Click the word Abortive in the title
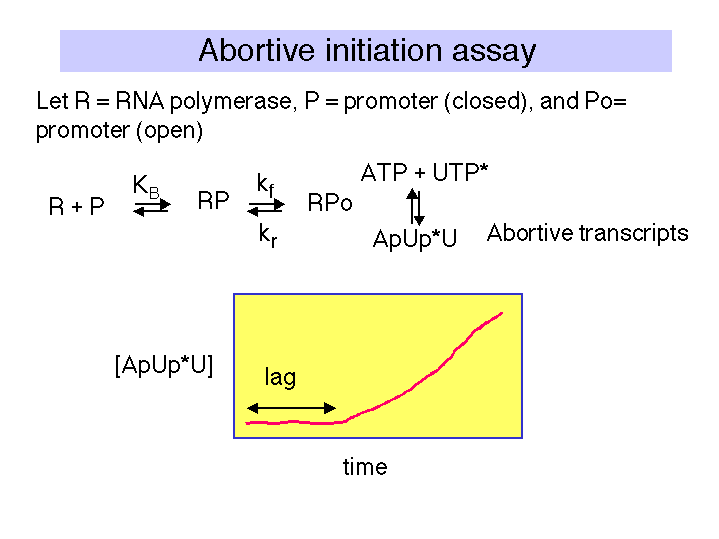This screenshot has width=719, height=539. [x=257, y=50]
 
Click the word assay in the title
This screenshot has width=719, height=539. [x=494, y=51]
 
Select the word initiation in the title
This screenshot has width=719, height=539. [x=383, y=50]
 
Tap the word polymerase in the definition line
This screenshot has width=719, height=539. [x=231, y=102]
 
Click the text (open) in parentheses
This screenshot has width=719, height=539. [x=169, y=131]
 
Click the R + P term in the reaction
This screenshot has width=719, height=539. [x=76, y=206]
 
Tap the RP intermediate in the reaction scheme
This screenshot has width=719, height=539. [x=213, y=200]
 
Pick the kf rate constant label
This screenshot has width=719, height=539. [x=265, y=185]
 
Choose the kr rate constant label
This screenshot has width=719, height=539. [x=268, y=235]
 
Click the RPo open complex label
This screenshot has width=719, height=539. [x=330, y=202]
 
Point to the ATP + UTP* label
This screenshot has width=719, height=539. [x=424, y=172]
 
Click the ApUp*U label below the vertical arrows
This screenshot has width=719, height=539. [x=415, y=239]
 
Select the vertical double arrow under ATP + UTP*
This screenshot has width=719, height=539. [x=415, y=206]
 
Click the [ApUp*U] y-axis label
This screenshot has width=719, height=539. [x=164, y=366]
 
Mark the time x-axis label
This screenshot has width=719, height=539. [x=365, y=467]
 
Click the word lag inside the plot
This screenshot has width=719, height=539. [x=280, y=378]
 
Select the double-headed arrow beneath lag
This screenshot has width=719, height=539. [x=291, y=408]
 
